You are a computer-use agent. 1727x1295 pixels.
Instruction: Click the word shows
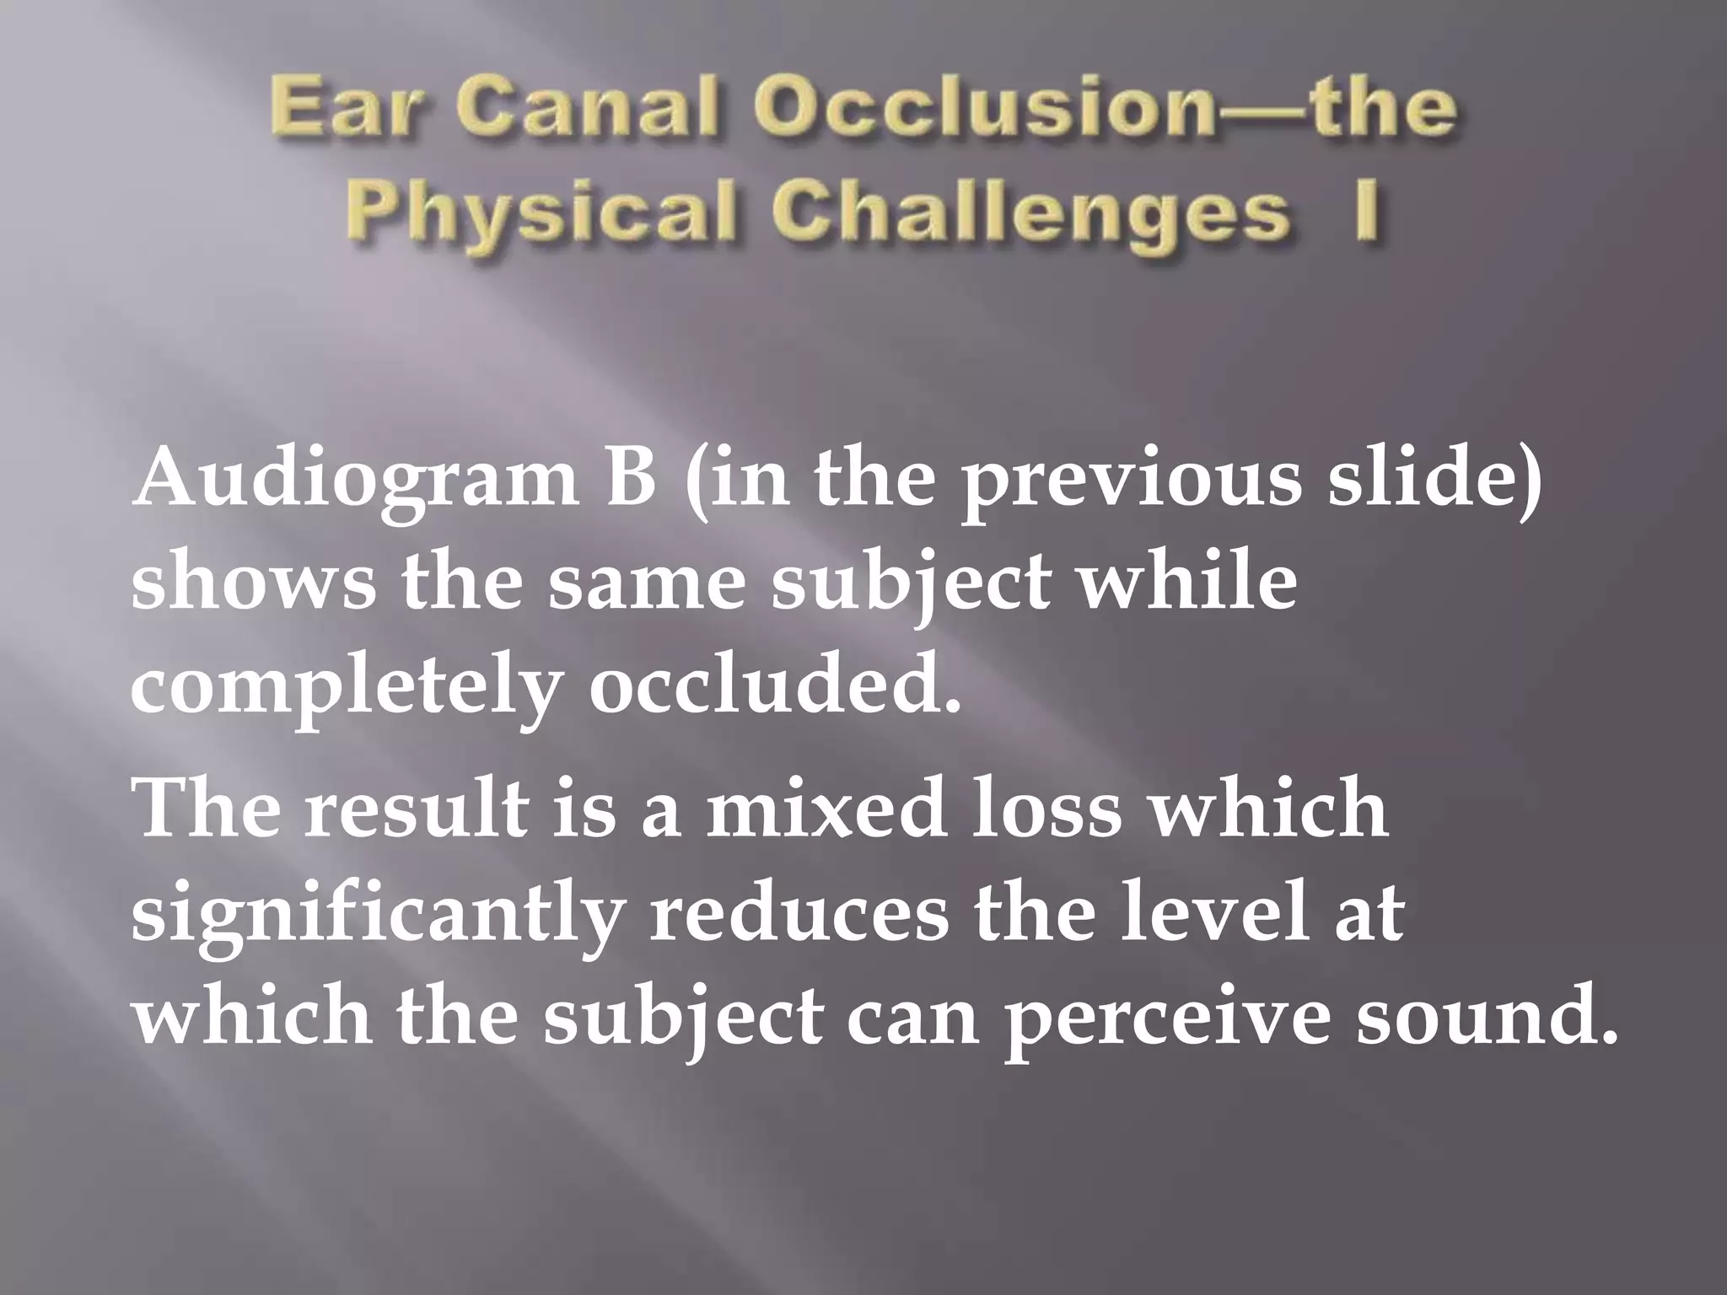click(x=253, y=585)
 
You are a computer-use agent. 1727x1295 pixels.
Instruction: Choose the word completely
click(x=347, y=688)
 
